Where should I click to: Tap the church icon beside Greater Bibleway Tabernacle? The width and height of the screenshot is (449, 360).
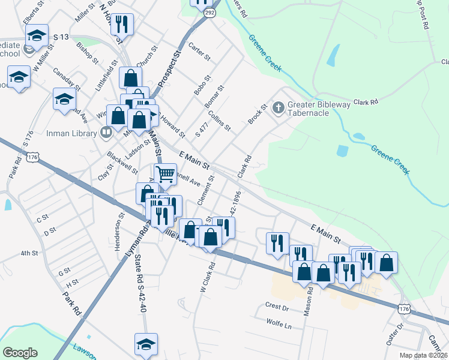point(278,108)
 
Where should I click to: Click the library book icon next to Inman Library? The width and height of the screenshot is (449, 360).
point(106,131)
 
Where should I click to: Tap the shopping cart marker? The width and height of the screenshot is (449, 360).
point(165,175)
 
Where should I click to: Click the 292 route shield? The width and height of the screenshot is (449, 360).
point(208,12)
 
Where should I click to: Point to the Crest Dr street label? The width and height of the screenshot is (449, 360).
point(277,306)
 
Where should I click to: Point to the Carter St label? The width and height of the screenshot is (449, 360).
point(199,52)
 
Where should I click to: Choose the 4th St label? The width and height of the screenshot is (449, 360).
point(29,253)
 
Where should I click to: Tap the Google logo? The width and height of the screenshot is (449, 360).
point(20,352)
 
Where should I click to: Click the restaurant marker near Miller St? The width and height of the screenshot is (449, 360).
point(122,24)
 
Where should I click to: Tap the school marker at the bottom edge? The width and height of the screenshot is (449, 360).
point(146,344)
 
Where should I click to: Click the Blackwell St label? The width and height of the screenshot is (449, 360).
point(122,163)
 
